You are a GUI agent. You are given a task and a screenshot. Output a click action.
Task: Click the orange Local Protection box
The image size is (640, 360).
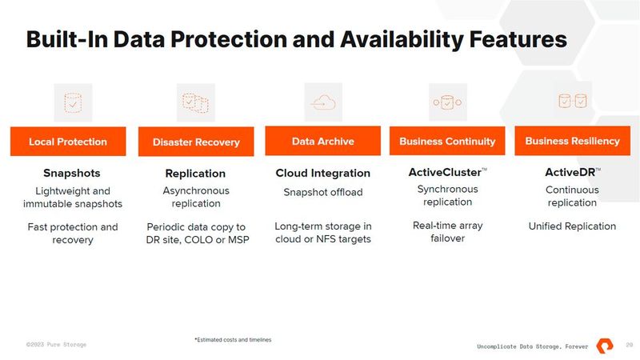pos(68,142)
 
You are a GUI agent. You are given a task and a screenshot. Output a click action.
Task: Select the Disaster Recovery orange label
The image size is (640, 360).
pos(196,142)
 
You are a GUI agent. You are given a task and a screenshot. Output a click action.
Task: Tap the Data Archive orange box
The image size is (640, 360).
pos(323,142)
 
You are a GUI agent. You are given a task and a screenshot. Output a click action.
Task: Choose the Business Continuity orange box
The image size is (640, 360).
pos(447,142)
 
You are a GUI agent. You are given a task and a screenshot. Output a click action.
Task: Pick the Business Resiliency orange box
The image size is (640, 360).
pos(572,142)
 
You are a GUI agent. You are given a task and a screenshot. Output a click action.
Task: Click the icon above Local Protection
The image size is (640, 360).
pos(73,102)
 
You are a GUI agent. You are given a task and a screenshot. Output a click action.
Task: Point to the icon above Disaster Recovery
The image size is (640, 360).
pos(196,102)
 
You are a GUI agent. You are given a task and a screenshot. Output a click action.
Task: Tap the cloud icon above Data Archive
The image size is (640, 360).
pos(323,102)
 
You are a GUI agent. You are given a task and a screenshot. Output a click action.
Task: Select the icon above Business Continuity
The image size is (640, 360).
pos(447,102)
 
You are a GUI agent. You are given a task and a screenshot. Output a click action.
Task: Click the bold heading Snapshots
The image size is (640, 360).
pos(71,173)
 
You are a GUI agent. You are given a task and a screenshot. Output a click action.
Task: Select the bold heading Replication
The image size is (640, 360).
pos(195,174)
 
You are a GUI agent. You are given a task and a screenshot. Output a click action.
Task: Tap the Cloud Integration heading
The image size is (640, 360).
pos(323,174)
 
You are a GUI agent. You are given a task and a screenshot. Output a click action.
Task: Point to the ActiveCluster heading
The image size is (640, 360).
pos(445,173)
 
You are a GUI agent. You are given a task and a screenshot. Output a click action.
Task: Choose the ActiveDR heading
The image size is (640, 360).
pos(571,172)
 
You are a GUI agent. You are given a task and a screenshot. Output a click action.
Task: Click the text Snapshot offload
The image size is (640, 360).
pos(323,192)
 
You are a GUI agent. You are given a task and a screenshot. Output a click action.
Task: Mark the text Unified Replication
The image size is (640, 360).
pos(572,226)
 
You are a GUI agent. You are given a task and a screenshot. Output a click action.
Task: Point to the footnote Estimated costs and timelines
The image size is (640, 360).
pos(233,340)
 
